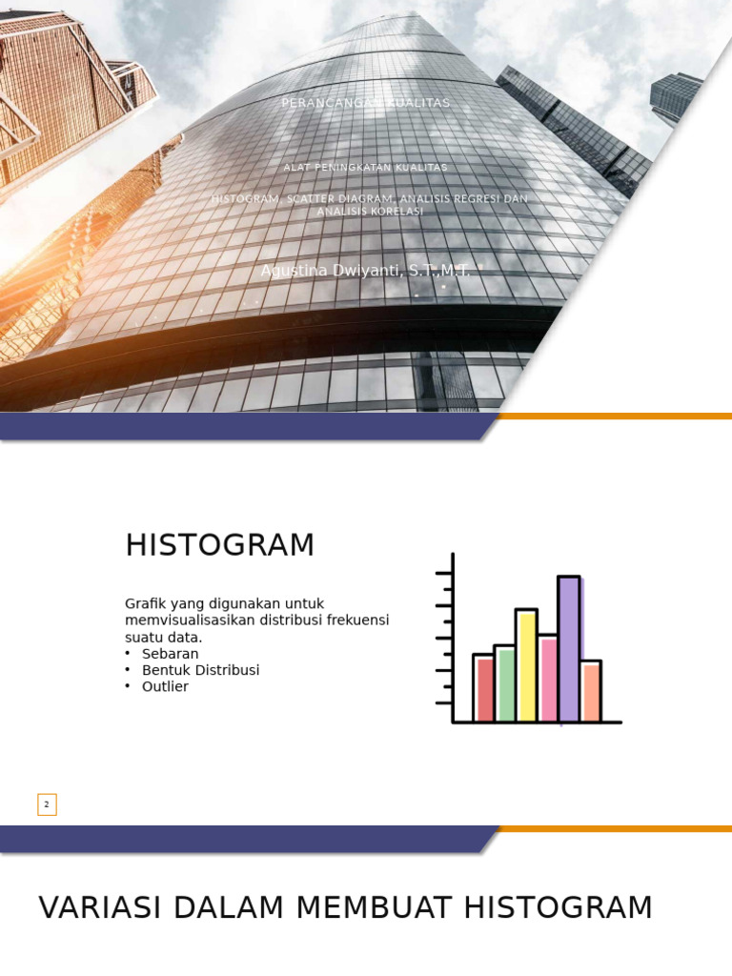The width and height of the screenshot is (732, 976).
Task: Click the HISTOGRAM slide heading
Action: [x=219, y=545]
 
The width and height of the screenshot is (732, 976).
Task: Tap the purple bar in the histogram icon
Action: [x=568, y=648]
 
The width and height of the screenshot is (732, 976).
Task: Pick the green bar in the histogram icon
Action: [x=504, y=683]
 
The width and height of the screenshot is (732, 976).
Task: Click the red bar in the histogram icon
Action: [x=484, y=687]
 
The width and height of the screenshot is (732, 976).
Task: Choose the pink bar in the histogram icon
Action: [x=547, y=678]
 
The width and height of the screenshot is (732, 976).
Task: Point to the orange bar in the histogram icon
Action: [x=591, y=691]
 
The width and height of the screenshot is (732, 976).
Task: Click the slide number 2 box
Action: [x=48, y=804]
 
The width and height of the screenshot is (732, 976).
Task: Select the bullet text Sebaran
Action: [x=170, y=654]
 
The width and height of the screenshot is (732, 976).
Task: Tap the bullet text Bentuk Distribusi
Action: [x=200, y=670]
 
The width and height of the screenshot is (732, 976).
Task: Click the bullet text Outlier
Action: [x=165, y=686]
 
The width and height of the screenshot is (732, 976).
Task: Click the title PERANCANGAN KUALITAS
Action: [x=366, y=103]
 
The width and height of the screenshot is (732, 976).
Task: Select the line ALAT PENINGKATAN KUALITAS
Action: [x=366, y=168]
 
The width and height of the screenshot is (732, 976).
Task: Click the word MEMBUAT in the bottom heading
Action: [x=376, y=907]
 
